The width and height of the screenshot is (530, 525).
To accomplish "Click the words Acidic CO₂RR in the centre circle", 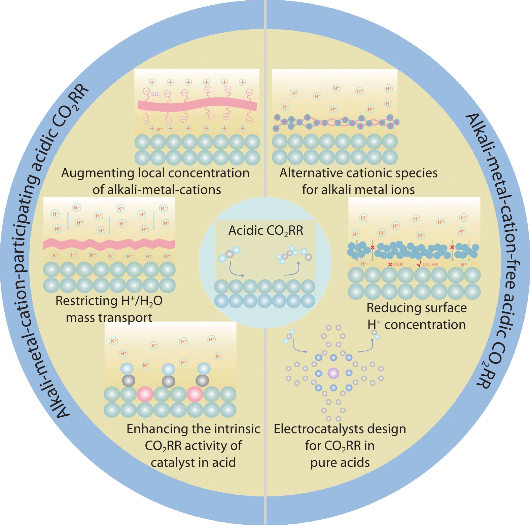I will pos(266,231).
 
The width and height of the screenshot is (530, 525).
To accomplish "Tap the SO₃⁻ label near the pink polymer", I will pos(156,95).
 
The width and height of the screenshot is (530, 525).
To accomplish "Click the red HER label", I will pos(398,264).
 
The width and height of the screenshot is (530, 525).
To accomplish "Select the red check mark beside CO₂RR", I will pos(419,264).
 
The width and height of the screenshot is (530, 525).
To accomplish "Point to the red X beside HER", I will pos(390,265).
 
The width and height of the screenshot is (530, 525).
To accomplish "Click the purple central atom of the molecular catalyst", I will pos(333,373).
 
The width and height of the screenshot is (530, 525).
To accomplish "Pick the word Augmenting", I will pos(98,174).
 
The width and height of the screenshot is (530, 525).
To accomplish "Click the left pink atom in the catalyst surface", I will pos(145,394).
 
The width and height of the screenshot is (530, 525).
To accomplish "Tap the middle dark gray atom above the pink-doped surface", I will pos(168,381).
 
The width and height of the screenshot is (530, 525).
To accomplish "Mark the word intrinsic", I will pos(237,429).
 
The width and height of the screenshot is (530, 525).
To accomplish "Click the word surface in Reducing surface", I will pos(446,308).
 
